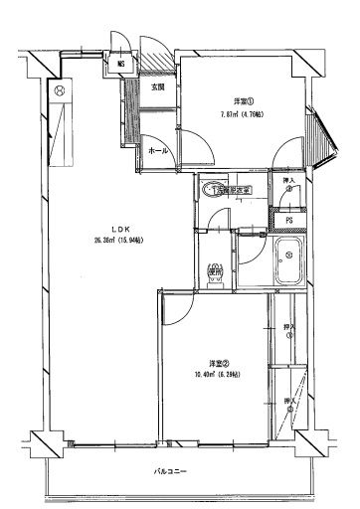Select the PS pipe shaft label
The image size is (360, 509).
point(288,221)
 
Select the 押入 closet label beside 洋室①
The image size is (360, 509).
point(288,188)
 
